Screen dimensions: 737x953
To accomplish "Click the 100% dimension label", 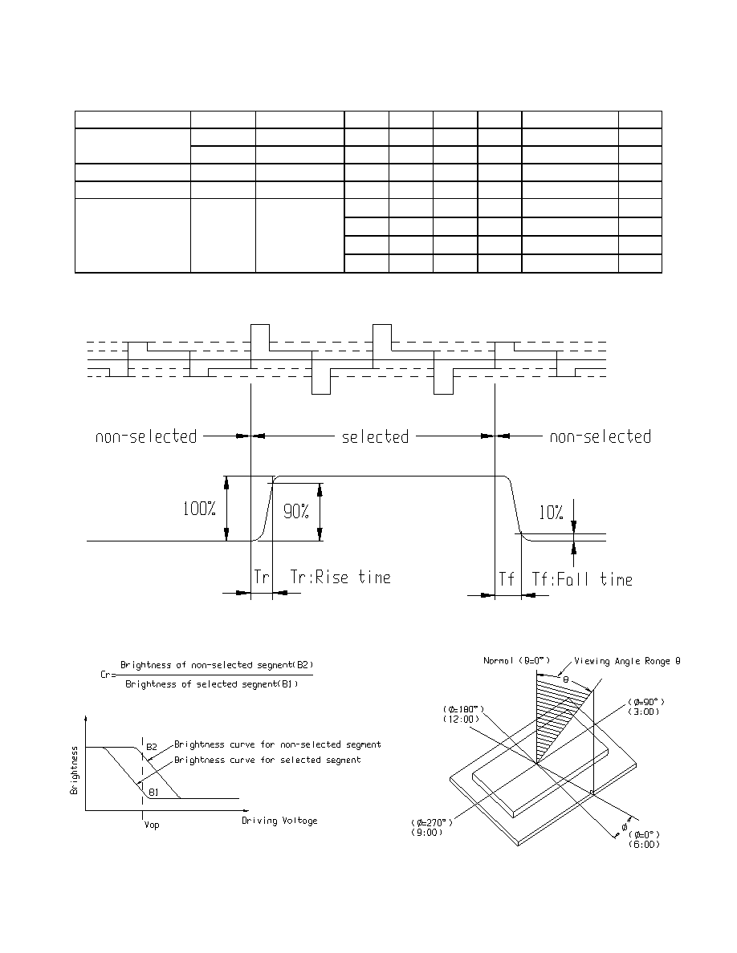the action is tap(199, 509).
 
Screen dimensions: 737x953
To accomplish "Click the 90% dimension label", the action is tap(296, 512).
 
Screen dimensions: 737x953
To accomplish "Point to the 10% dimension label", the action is tap(551, 513).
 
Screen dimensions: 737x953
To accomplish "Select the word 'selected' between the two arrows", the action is tap(375, 436).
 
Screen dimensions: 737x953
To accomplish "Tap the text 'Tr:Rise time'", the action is tap(340, 577).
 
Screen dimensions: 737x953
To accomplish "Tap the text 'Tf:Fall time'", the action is tap(582, 579).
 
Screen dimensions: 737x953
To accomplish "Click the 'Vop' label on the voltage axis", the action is tap(152, 825).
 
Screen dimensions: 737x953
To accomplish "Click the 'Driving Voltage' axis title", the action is tap(279, 821).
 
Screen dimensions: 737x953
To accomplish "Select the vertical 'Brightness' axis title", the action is tap(74, 770).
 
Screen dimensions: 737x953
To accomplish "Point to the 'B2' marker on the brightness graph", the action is tap(152, 746).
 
